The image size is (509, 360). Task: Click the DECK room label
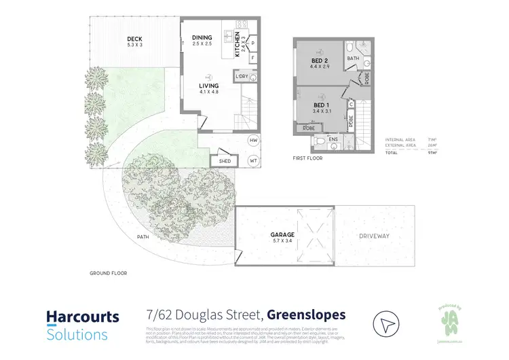[x=134, y=39]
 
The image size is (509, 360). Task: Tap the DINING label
[x=202, y=37]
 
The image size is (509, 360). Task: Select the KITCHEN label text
[x=237, y=45]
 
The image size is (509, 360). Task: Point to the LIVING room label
[x=208, y=86]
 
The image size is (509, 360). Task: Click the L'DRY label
[x=242, y=77]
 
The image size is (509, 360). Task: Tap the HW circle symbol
[x=254, y=140]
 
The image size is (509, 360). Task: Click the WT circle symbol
[x=254, y=161]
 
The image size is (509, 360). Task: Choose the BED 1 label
[x=322, y=105]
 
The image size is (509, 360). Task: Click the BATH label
[x=353, y=59]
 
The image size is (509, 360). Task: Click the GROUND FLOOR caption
[x=108, y=273]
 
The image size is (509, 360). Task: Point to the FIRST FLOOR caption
[x=307, y=158]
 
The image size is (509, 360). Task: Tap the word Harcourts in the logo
[x=82, y=317]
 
